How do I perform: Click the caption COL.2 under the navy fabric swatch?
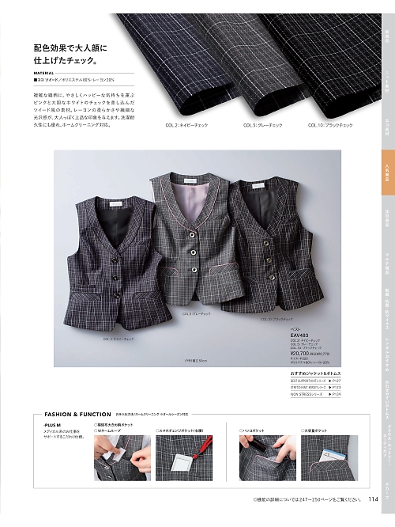tap(182, 125)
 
